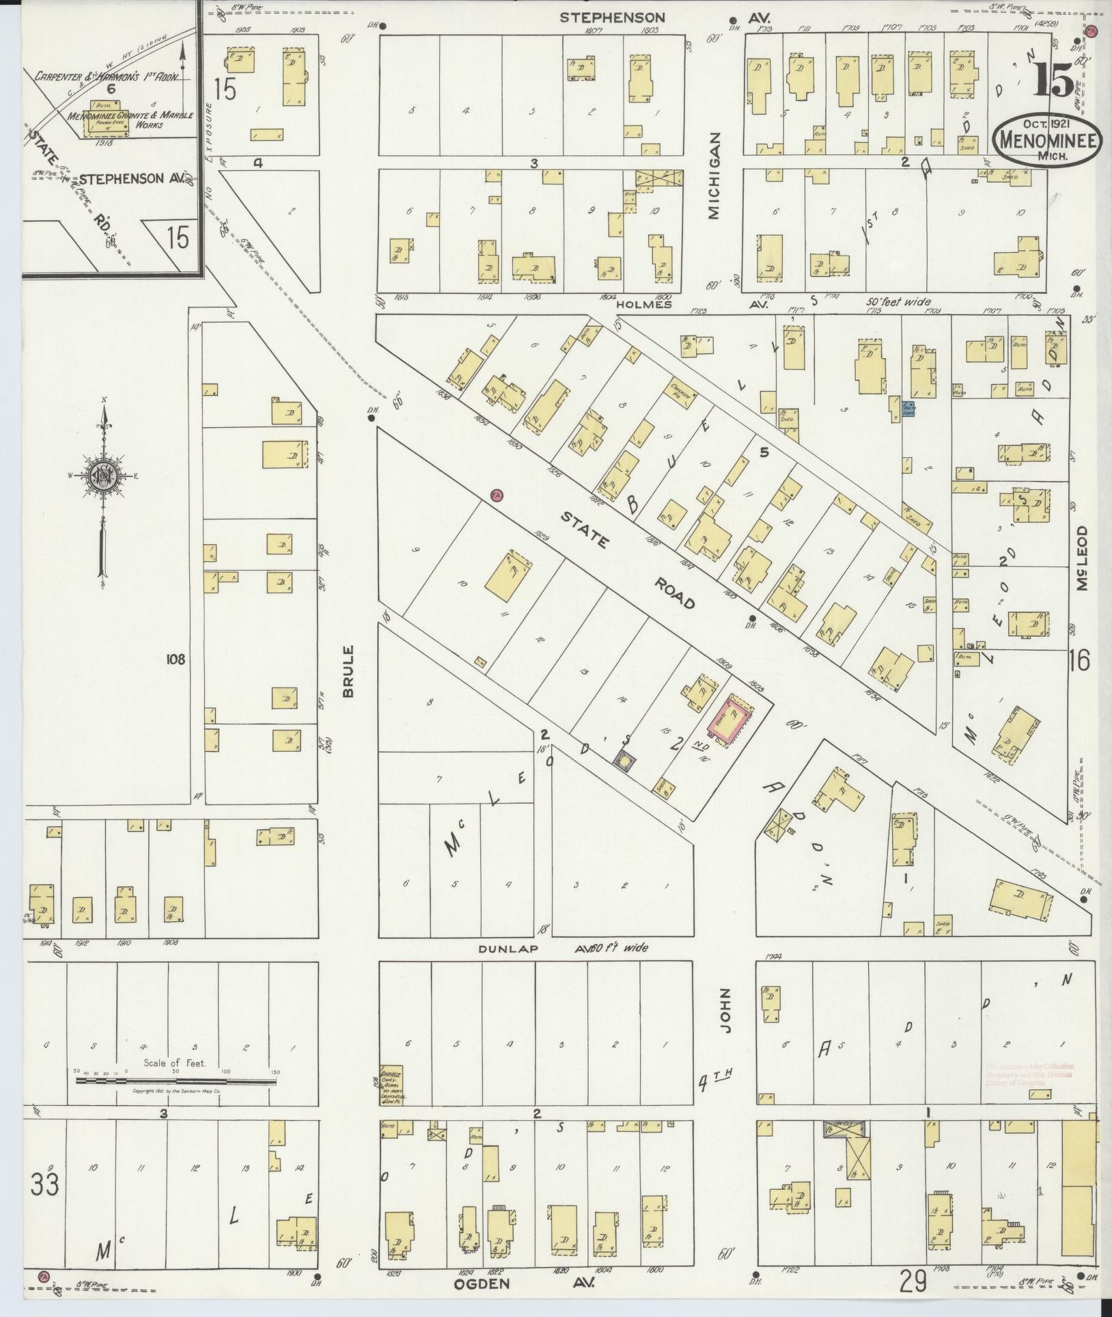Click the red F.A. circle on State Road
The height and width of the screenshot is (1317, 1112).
(x=497, y=494)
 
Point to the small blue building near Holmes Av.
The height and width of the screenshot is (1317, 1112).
(x=909, y=409)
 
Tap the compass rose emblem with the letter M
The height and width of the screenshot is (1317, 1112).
(x=103, y=476)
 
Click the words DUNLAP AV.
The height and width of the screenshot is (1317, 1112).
(x=530, y=949)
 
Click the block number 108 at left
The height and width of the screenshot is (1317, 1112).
(x=175, y=659)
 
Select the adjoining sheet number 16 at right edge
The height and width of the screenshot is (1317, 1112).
(x=1080, y=660)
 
